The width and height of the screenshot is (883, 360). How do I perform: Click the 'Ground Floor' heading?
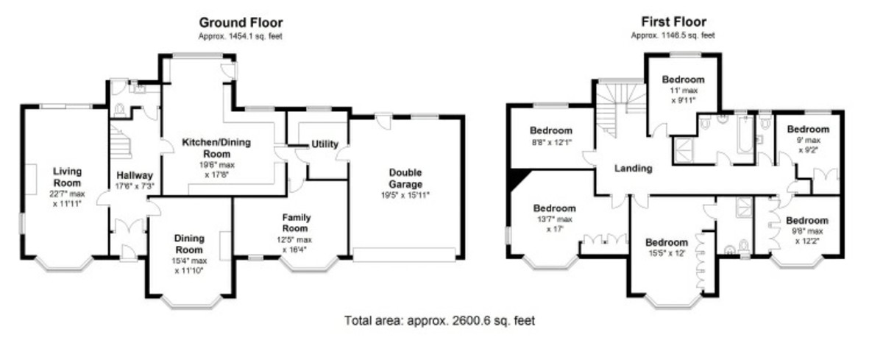[241, 23]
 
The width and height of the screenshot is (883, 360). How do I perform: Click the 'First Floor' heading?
[673, 23]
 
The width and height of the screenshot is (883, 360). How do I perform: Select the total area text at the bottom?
[440, 321]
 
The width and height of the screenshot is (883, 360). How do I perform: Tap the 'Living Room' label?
[67, 177]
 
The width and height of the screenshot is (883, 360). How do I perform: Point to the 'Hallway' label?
[135, 176]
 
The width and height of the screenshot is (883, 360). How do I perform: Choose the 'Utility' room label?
[324, 144]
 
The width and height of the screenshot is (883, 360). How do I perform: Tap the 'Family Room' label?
[296, 223]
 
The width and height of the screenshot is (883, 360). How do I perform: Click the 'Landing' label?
[634, 168]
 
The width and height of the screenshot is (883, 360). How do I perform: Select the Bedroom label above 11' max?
[683, 80]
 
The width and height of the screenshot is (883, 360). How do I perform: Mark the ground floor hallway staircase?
[120, 141]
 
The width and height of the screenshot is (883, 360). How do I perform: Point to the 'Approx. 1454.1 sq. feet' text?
[241, 36]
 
